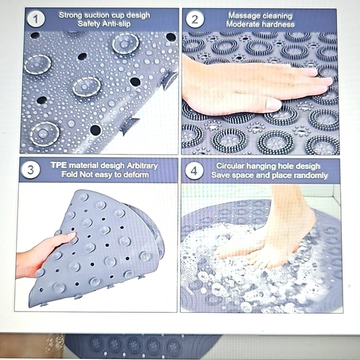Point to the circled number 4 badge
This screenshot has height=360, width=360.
pos(195,171)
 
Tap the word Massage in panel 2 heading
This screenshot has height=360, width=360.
pos(243,15)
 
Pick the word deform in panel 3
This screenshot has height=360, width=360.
pos(135,175)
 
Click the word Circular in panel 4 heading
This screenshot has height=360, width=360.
pos(232,166)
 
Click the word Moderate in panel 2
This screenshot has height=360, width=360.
pos(243,24)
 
